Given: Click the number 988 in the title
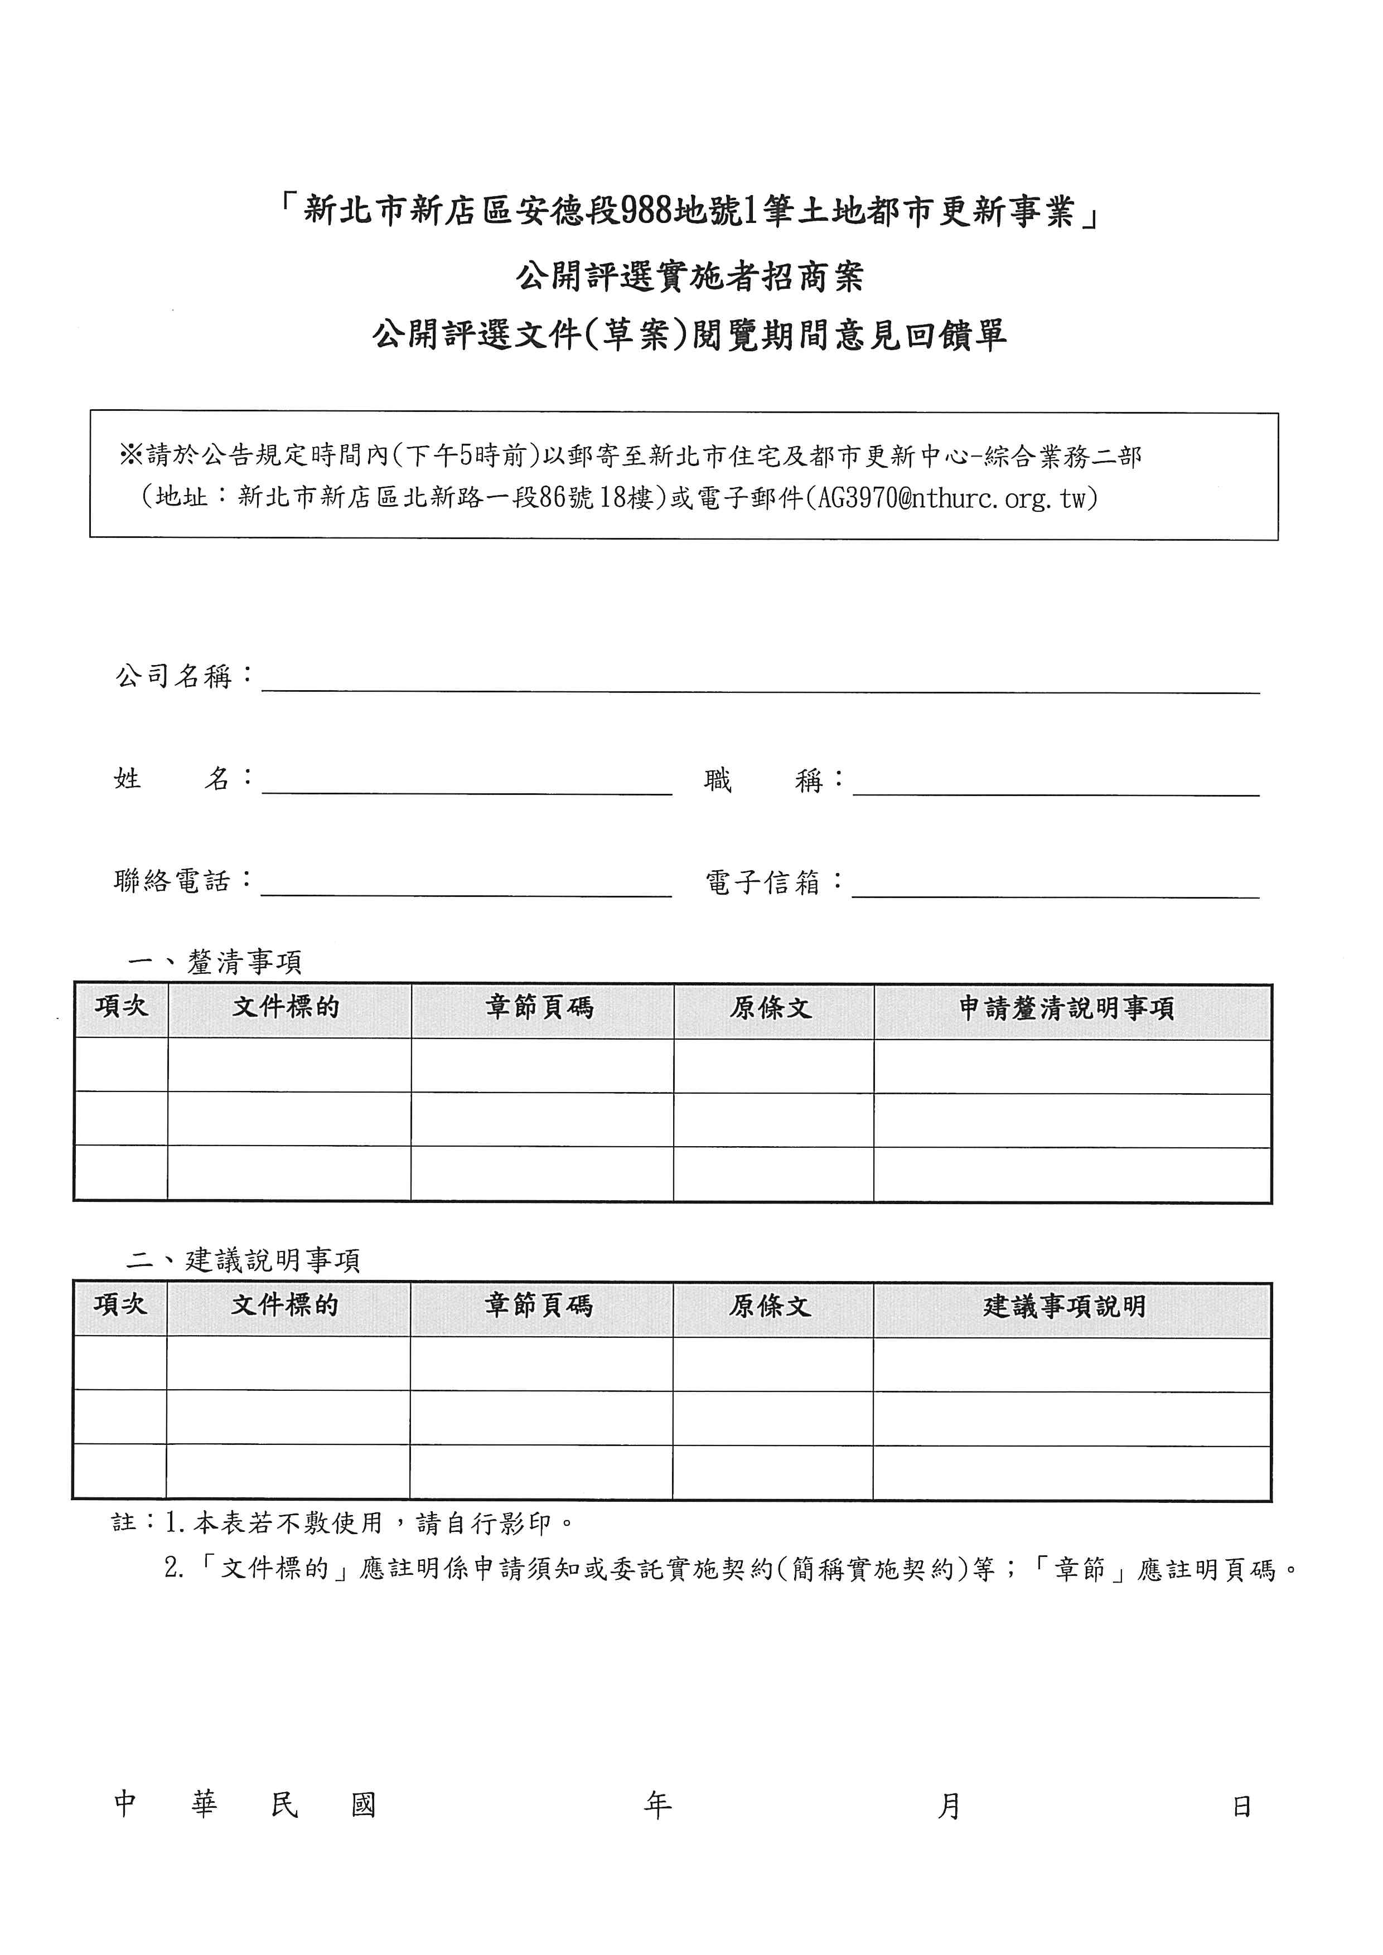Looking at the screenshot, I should point(646,210).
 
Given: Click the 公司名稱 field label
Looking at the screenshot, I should point(175,676).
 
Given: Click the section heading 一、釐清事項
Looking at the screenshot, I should point(215,962).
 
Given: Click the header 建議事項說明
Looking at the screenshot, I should point(1065,1306).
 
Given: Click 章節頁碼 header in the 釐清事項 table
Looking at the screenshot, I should point(540,1008).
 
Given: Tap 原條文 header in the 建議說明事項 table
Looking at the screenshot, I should point(771,1306).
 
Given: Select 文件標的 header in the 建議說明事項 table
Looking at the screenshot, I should point(286,1306).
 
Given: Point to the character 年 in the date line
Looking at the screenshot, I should point(657,1805).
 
